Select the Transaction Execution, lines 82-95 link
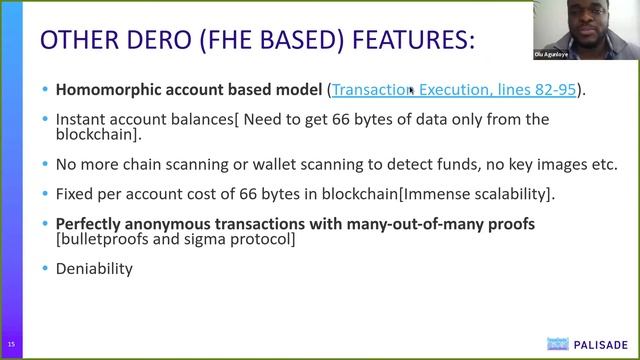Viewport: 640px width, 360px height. click(454, 90)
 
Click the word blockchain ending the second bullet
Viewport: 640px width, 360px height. click(96, 134)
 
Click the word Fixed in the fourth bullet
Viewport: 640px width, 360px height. click(75, 192)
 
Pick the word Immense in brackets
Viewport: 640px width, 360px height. click(411, 192)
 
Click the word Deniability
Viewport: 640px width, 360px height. click(94, 268)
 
